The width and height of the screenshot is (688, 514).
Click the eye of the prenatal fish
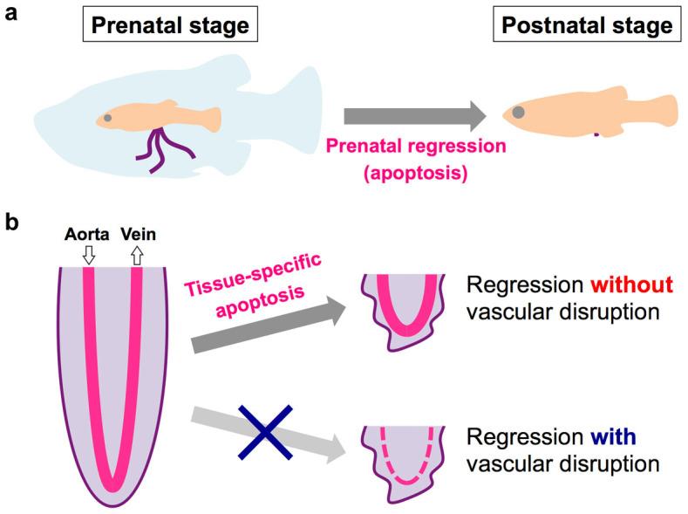tap(107, 117)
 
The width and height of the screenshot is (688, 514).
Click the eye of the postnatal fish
tap(518, 112)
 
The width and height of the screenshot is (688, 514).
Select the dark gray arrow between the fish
tap(413, 116)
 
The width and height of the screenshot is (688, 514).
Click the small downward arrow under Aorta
tap(88, 254)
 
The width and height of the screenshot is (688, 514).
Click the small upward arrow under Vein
tap(136, 254)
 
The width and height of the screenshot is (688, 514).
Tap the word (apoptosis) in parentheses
tap(413, 172)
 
